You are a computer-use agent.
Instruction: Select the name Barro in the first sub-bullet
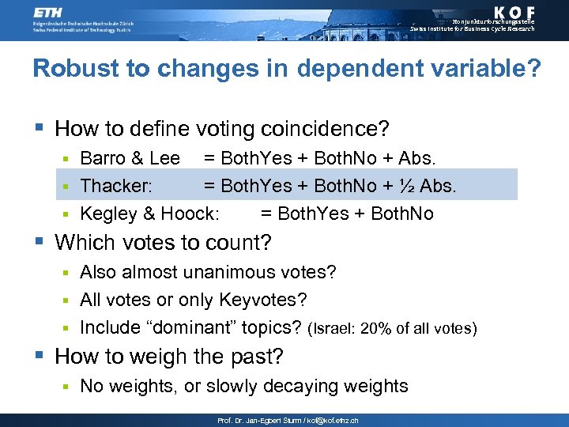point(103,158)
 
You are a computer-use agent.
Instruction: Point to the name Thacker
point(116,186)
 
